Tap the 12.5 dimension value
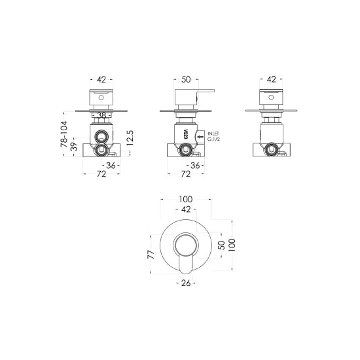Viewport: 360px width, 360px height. click(131, 137)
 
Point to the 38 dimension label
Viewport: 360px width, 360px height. click(100, 116)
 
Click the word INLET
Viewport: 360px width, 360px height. click(215, 134)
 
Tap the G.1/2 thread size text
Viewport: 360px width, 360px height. click(214, 140)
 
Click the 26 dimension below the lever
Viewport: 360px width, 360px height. click(185, 283)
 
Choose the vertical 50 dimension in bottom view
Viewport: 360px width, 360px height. click(221, 244)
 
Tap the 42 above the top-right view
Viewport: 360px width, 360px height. click(270, 79)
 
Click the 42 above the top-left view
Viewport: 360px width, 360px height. click(101, 79)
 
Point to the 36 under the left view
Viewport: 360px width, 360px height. click(111, 166)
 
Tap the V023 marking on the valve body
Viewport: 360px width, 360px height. click(186, 135)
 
